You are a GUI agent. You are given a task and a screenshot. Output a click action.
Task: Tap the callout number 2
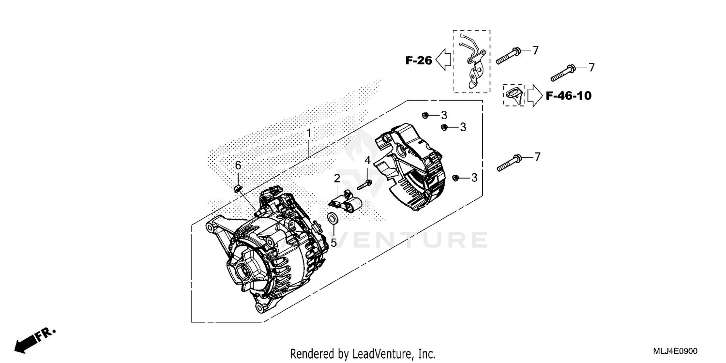tap(336, 179)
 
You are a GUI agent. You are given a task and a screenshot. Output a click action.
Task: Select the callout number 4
tap(367, 160)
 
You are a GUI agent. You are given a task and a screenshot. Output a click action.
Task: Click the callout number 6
tap(238, 166)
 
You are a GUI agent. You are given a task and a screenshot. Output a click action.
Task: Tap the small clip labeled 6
tap(237, 188)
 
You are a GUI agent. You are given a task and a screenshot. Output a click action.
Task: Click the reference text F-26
tap(419, 60)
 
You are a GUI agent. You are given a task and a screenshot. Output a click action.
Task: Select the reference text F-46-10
tap(569, 96)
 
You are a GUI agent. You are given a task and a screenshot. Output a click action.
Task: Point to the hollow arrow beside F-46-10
tap(534, 95)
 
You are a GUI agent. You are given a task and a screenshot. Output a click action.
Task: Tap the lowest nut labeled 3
tap(456, 178)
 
